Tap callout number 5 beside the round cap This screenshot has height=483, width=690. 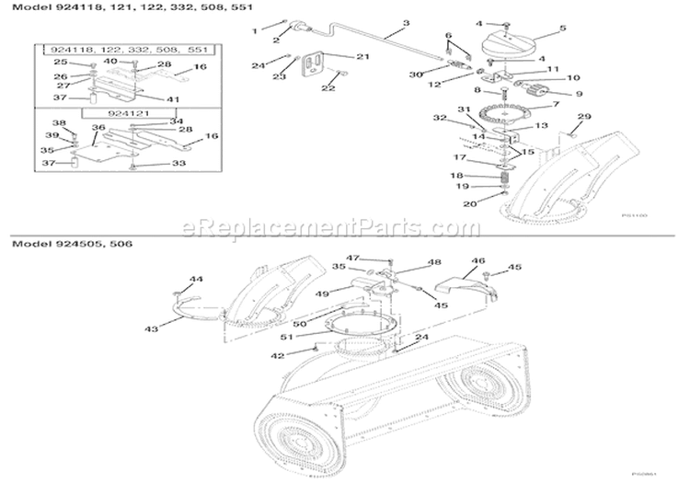[x=561, y=29]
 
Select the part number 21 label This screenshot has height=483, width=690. [x=362, y=57]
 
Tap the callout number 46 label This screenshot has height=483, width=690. [x=477, y=261]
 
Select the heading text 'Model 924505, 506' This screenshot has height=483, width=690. [x=63, y=247]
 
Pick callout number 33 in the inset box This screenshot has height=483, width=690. [x=178, y=164]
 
